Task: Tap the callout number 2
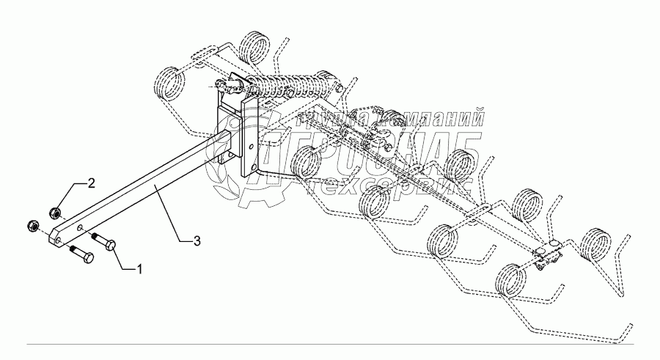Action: pos(92,183)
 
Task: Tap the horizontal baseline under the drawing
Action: pos(330,344)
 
